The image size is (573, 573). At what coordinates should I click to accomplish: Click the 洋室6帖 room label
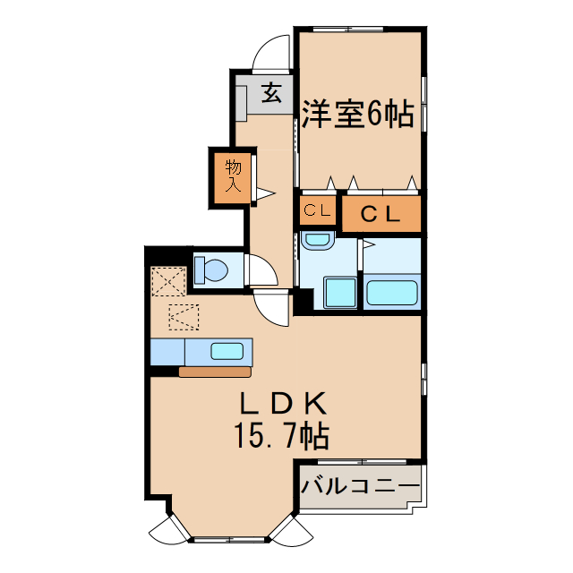point(356,115)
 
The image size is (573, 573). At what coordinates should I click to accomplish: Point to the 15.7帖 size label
point(281,437)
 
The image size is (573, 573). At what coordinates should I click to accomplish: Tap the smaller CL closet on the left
point(317,212)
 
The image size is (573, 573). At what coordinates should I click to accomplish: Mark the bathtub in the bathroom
point(392,292)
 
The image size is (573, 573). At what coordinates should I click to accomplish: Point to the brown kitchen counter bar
point(215,372)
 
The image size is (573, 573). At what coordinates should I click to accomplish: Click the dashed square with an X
point(167,282)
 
